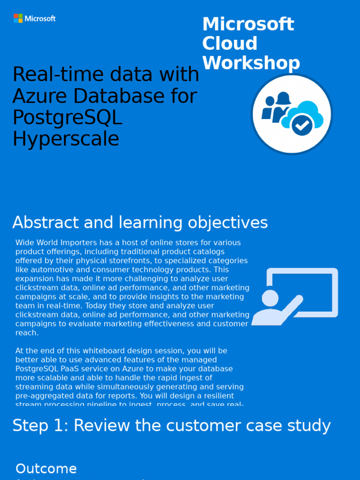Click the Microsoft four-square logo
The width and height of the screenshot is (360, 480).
click(x=18, y=18)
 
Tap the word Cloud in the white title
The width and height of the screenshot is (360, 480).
click(x=230, y=44)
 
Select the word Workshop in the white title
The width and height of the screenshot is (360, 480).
click(x=251, y=63)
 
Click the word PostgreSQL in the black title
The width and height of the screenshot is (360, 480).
click(x=67, y=118)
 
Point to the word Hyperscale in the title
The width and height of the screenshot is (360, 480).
click(x=66, y=139)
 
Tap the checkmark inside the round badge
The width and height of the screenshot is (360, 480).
click(x=302, y=125)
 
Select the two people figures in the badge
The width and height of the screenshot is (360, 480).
click(x=276, y=108)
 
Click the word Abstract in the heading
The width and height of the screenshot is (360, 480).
click(x=41, y=223)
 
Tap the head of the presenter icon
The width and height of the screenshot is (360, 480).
click(x=270, y=298)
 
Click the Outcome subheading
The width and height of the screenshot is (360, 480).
click(x=46, y=469)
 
